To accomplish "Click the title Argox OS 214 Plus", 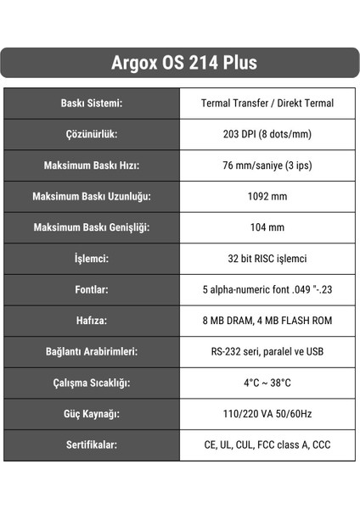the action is pos(179,63).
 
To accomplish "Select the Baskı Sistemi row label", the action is pos(92,103).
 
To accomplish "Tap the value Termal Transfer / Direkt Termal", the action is pos(267,103).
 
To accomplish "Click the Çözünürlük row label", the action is pos(92,134).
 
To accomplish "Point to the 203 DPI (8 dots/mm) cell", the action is pos(267,134).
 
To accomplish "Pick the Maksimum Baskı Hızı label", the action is pos(92,165).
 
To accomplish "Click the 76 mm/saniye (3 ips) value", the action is pos(267,165).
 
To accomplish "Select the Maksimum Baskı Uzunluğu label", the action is pos(92,196).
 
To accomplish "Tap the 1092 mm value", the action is pos(267,196).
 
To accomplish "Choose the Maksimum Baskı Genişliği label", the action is pos(92,227).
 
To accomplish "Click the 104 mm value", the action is pos(267,227).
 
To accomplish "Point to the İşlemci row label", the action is pos(92,259).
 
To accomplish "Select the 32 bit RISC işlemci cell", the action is pos(267,259).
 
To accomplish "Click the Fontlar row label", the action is pos(92,289).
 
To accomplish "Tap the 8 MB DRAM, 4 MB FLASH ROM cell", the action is pos(267,321).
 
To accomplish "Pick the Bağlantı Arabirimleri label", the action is pos(92,351).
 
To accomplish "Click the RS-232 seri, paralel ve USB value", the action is pos(267,351).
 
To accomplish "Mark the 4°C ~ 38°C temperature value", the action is pos(267,383).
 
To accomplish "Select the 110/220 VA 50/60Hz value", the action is pos(267,414).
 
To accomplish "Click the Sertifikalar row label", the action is pos(92,445).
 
